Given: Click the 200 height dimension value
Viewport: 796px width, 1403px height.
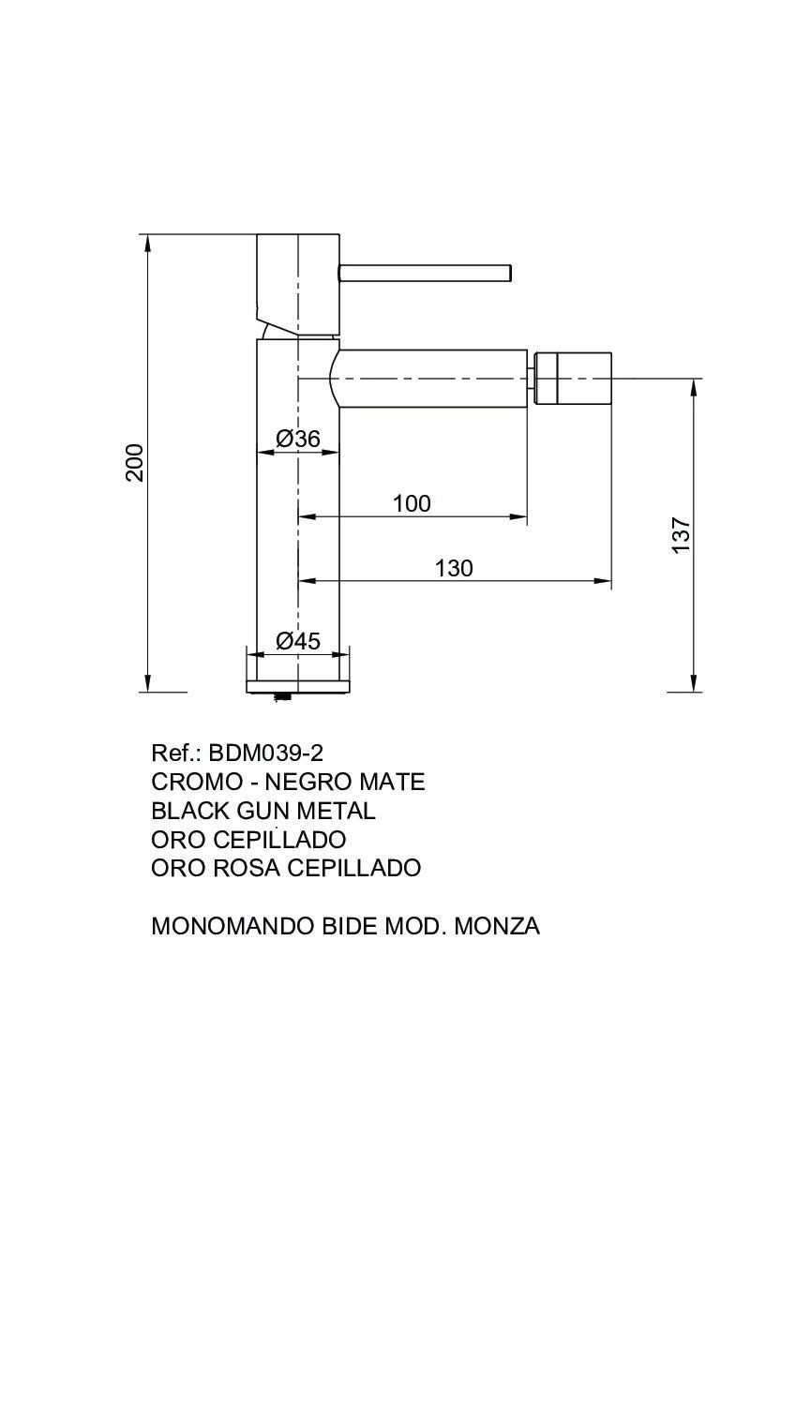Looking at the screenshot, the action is [135, 462].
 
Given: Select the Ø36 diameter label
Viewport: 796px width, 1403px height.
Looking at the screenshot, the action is [298, 439].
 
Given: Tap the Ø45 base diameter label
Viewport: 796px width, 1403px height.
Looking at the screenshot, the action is [298, 641].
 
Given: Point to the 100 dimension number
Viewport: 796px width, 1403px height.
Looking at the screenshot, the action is [412, 503].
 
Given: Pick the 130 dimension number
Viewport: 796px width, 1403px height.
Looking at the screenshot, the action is [454, 568].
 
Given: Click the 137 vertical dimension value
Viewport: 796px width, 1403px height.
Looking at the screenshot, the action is [681, 535].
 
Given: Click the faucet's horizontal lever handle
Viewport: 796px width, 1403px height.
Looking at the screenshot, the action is [425, 273].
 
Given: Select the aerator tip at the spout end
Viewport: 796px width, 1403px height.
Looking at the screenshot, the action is [572, 379].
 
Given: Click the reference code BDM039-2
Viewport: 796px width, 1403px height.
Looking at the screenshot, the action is [265, 753].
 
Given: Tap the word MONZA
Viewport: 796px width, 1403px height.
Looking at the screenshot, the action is [497, 926].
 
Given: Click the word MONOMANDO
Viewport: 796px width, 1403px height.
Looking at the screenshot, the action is [233, 926].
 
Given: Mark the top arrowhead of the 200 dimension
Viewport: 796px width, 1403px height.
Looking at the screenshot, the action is [148, 244].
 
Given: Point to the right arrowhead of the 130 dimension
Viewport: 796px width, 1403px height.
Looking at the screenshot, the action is [602, 581].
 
